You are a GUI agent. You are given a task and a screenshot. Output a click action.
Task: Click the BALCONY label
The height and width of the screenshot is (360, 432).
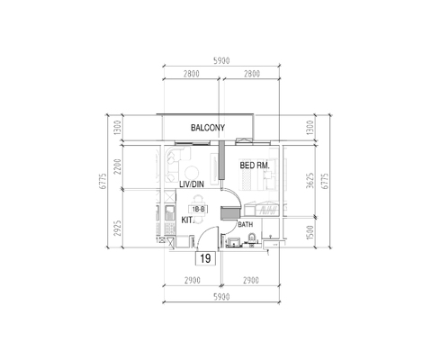[x=207, y=129]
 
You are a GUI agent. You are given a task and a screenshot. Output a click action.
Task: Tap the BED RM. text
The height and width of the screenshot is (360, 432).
[x=256, y=166]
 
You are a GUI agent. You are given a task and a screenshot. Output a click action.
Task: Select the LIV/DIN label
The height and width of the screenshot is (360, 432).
[x=193, y=184]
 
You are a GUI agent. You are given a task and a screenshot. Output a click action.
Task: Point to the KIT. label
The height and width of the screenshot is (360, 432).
[x=189, y=219]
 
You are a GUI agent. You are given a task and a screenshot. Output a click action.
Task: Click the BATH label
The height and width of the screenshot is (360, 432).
[x=246, y=224]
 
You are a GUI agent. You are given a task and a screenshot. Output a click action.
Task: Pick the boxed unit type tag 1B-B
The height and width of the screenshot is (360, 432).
[x=199, y=209]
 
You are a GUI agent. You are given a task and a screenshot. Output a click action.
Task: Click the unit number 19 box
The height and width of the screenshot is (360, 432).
[x=205, y=258]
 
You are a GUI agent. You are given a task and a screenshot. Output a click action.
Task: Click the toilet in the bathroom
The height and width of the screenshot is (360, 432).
[x=253, y=239]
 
